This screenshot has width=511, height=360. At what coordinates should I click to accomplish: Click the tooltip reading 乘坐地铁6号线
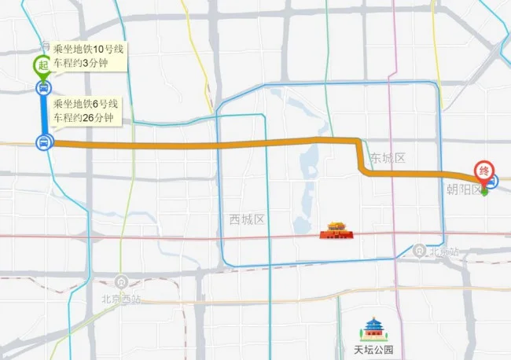pyautogui.click(x=86, y=104)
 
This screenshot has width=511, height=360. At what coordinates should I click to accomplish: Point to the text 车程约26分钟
pyautogui.click(x=83, y=118)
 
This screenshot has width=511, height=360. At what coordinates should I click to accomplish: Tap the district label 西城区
pyautogui.click(x=246, y=219)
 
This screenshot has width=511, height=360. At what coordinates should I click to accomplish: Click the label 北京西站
pyautogui.click(x=121, y=299)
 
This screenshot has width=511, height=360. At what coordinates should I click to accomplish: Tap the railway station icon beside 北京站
pyautogui.click(x=421, y=250)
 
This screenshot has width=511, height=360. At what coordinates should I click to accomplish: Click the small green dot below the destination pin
pyautogui.click(x=484, y=191)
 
